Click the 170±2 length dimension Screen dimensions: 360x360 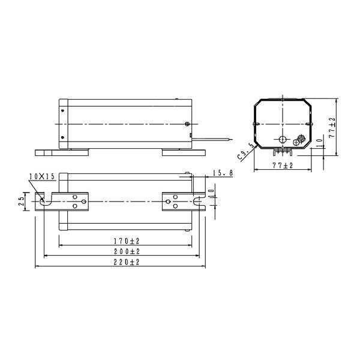(x=127, y=241)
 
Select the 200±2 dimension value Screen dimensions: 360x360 (x=127, y=251)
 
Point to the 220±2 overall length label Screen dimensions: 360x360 (x=127, y=262)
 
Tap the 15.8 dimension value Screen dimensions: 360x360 (x=223, y=173)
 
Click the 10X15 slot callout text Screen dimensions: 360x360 (x=42, y=176)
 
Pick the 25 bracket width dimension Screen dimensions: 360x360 (x=22, y=202)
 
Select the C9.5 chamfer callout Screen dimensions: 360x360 (x=245, y=152)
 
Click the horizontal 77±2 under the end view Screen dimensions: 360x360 (x=283, y=165)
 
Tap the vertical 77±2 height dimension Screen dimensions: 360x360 (x=332, y=128)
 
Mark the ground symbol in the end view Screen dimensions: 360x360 (x=296, y=142)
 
